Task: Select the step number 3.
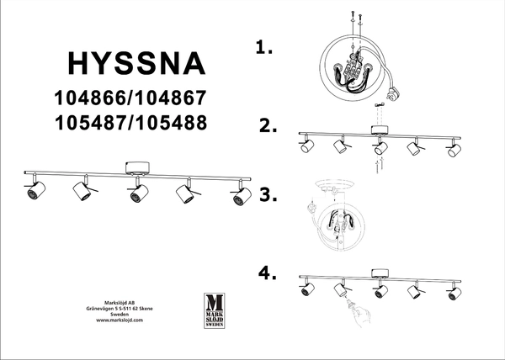pos(268,195)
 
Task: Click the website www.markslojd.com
pos(114,320)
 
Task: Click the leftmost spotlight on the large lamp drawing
pos(35,192)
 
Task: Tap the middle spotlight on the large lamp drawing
pos(135,197)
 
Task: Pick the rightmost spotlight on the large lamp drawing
pos(240,197)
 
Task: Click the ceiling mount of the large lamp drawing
pos(135,167)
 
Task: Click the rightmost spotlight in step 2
pos(454,153)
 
